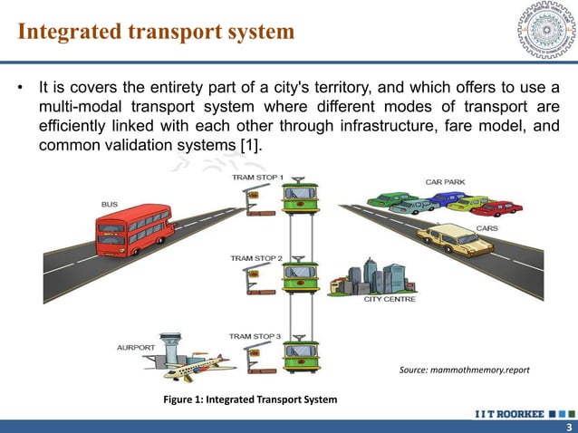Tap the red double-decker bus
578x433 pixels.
(135, 230)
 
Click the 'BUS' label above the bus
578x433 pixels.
(108, 204)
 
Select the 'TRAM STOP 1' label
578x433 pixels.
(258, 177)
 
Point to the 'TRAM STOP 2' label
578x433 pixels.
(255, 258)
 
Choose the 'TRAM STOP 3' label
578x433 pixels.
(255, 336)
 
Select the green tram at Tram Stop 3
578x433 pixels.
(300, 353)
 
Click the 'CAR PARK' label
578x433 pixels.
(446, 182)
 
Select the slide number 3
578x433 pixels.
(568, 427)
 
